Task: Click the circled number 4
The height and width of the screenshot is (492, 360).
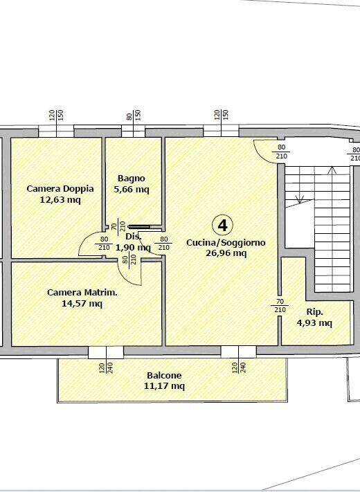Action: (x=222, y=225)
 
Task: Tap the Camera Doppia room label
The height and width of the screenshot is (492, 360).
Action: (x=60, y=189)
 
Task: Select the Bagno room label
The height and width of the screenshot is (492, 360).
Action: (x=132, y=179)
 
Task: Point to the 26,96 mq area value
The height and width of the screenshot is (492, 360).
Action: (x=226, y=253)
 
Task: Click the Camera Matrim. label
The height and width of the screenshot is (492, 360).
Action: (x=82, y=293)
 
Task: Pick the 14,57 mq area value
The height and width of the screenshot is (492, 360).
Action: (x=82, y=303)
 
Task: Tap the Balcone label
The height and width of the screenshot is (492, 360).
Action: (x=164, y=375)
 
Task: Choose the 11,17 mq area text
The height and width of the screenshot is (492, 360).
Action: (x=164, y=385)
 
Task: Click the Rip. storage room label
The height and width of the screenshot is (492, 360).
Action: (x=314, y=312)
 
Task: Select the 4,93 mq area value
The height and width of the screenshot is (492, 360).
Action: (x=314, y=322)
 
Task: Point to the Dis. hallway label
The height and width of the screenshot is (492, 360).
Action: (x=134, y=236)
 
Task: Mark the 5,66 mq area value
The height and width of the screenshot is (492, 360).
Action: (x=132, y=189)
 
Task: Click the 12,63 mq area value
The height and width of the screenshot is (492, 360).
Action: (x=60, y=199)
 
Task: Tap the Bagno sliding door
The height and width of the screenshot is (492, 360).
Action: (x=139, y=226)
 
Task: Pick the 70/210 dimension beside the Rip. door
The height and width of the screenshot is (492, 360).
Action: (x=280, y=306)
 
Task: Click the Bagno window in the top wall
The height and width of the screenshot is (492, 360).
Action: (x=134, y=131)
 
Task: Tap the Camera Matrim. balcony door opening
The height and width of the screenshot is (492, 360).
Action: (x=106, y=352)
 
